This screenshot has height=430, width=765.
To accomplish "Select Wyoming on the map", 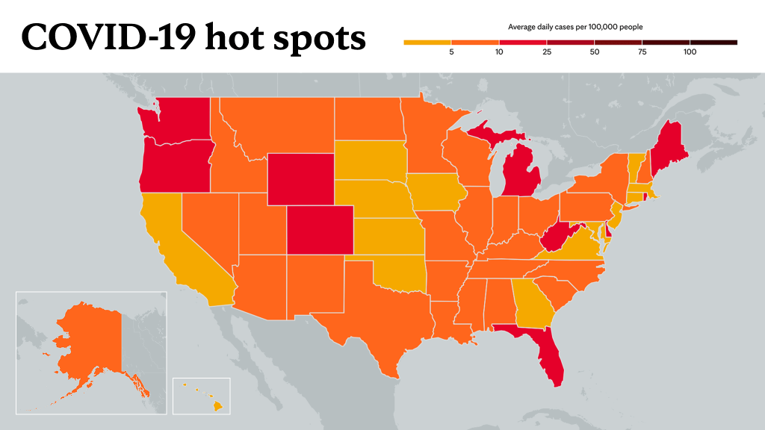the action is point(301,179).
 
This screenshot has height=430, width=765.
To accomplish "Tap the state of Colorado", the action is point(320,230).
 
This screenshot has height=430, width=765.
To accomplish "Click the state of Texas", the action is point(376,312).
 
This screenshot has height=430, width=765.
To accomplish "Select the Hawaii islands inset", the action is point(202,396).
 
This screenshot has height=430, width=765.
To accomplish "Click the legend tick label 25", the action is point(546,52).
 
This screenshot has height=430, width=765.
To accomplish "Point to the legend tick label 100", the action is point(690,52).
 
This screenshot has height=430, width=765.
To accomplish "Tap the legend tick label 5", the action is point(451,52).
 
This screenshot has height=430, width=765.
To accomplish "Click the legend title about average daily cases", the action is point(575,27).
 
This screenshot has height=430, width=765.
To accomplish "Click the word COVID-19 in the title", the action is point(108,37).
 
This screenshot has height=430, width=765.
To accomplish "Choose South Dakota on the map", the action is point(371,161).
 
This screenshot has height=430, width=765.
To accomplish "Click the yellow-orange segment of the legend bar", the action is point(427,43).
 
